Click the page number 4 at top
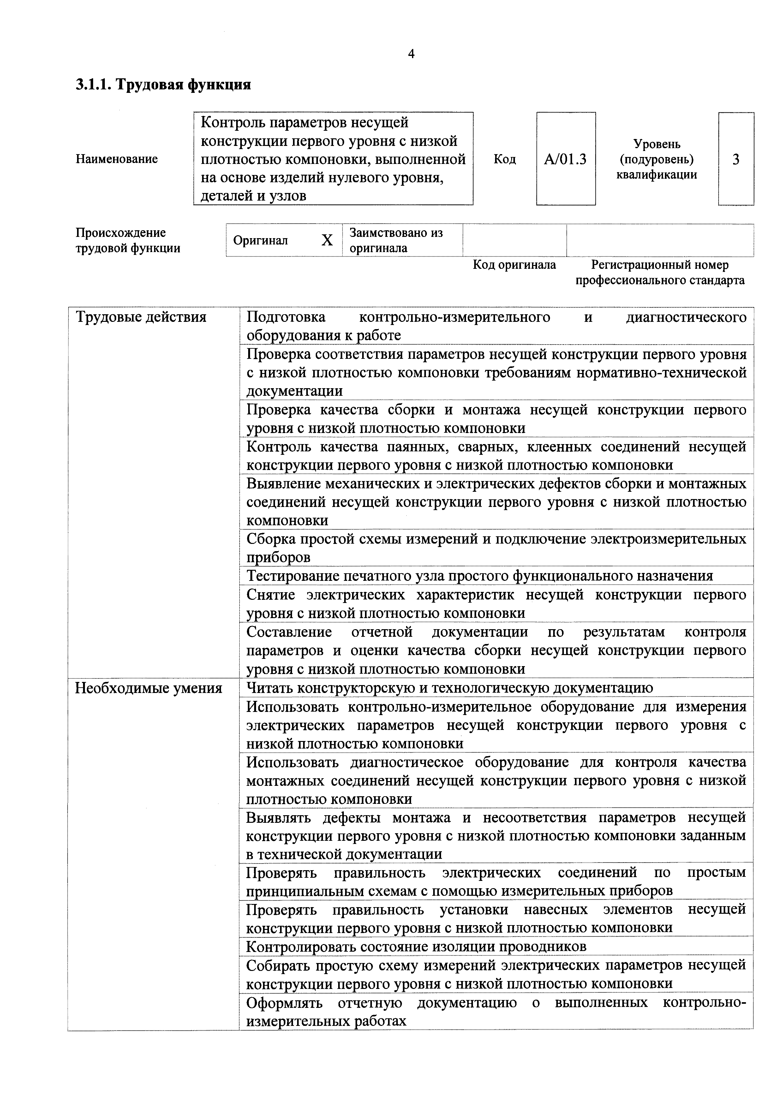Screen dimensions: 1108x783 (411, 54)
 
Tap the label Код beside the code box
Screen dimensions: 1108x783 (504, 159)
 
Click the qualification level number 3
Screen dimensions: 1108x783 (735, 159)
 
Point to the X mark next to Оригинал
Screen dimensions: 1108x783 (327, 240)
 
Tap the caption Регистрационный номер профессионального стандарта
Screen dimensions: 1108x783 (660, 273)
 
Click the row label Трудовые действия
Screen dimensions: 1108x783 (141, 317)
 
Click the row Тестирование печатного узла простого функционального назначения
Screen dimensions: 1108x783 (480, 576)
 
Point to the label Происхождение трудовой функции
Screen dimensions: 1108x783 (128, 240)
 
